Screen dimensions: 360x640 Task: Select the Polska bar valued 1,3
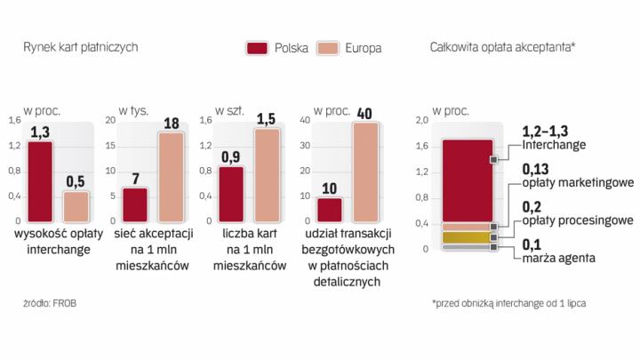pos(40,180)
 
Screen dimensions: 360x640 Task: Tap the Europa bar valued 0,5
pos(76,205)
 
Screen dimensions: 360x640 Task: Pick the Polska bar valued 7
pos(135,204)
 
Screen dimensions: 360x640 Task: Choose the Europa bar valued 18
pos(171,176)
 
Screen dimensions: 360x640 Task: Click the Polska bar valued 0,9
pos(231,193)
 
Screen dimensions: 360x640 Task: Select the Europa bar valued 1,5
pos(267,174)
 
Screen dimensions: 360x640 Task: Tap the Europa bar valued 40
pos(365,171)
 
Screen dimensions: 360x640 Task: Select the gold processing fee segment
pos(467,237)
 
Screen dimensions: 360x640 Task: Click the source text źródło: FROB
pos(48,304)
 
